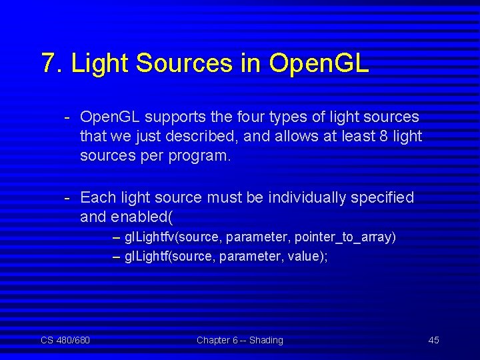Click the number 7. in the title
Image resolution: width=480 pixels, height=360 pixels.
tap(52, 63)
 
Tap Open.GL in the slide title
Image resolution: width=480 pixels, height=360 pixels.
tap(319, 63)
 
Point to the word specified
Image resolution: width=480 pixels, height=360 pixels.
tap(382, 198)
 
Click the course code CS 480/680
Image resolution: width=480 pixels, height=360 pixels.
tap(65, 341)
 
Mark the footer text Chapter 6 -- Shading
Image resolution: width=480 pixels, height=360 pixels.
tap(239, 341)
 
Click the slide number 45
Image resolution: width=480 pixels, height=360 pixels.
tap(433, 341)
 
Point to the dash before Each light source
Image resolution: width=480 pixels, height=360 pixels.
tap(67, 198)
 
